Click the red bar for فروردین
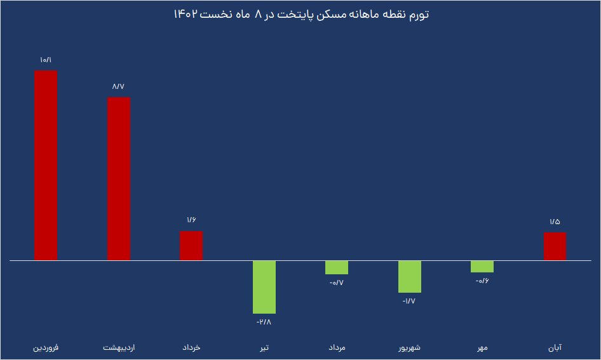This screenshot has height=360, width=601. [46, 165]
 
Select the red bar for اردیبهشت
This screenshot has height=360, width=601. [119, 178]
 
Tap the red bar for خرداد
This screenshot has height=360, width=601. [191, 246]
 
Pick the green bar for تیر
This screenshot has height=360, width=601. [264, 287]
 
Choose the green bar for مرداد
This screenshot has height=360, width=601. [337, 267]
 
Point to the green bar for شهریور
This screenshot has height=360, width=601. [410, 277]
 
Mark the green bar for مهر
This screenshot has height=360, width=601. [482, 267]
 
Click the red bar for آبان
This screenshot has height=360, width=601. [555, 246]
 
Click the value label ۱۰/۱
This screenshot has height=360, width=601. [46, 60]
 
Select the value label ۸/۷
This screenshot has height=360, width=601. [119, 86]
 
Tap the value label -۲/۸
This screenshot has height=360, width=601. [264, 323]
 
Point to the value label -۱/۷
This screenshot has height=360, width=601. [410, 301]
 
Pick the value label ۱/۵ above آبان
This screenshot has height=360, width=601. [555, 222]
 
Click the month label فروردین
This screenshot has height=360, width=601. [46, 349]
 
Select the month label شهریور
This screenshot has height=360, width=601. [410, 349]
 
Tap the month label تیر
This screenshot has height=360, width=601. [264, 349]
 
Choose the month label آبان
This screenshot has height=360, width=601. [555, 349]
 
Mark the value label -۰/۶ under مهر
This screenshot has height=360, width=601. [482, 281]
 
